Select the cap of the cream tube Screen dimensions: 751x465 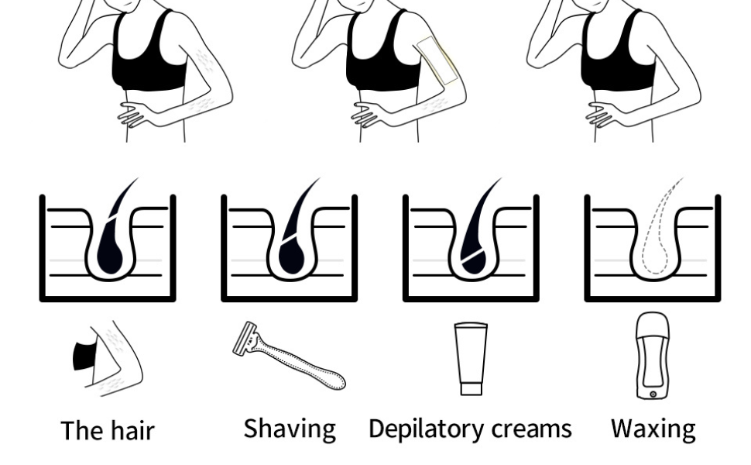pyautogui.click(x=472, y=387)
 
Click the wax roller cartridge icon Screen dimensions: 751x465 pyautogui.click(x=653, y=355)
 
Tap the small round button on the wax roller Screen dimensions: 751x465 pyautogui.click(x=653, y=394)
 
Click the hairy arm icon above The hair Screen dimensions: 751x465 pyautogui.click(x=108, y=359)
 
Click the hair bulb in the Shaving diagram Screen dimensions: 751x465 pyautogui.click(x=291, y=257)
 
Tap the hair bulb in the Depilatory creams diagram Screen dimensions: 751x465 pyautogui.click(x=473, y=263)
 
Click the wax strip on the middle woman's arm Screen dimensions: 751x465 pyautogui.click(x=437, y=60)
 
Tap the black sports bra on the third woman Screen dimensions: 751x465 pyautogui.click(x=619, y=53)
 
